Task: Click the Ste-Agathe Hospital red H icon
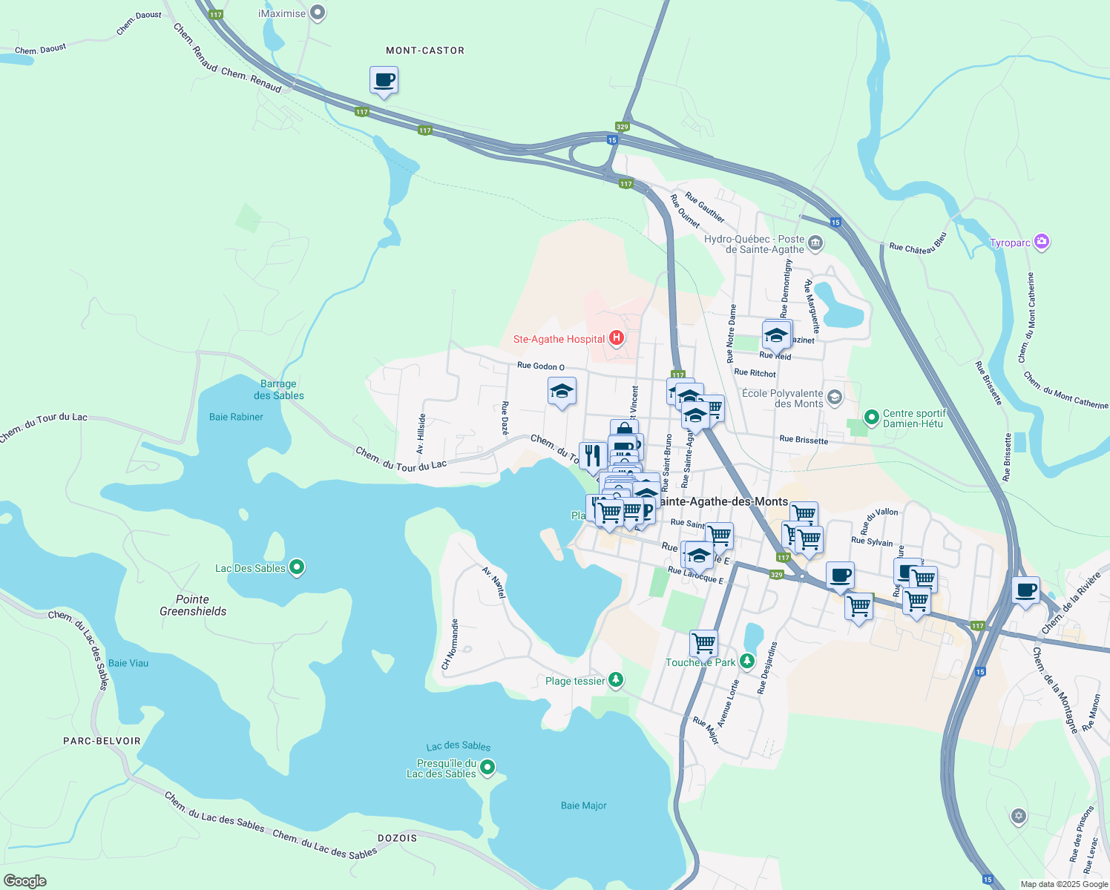[616, 339]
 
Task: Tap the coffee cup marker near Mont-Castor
[384, 81]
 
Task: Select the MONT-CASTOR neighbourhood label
[425, 50]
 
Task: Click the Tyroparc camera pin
[1042, 242]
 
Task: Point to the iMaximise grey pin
[318, 13]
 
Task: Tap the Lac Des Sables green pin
[297, 568]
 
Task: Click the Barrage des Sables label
[278, 389]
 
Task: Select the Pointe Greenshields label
[193, 605]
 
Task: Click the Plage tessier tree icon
[615, 680]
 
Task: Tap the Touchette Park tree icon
[746, 661]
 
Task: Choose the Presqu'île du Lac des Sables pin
[487, 768]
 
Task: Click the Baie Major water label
[584, 805]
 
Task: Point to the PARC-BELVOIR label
[102, 741]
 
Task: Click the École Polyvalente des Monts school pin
[834, 398]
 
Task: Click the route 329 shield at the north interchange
[623, 127]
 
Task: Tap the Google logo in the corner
[25, 880]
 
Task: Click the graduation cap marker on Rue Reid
[777, 335]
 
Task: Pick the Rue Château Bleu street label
[918, 244]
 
